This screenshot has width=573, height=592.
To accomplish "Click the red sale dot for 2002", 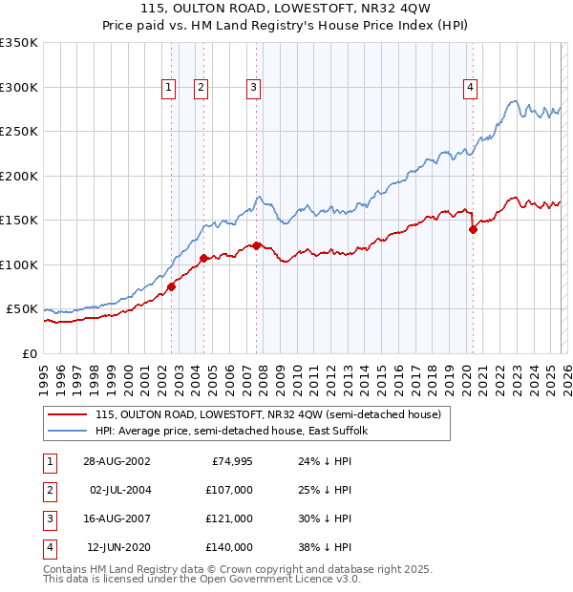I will [172, 286].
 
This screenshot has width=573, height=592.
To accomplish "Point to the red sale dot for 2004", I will [203, 258].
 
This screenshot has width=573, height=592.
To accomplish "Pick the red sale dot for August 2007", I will [256, 245].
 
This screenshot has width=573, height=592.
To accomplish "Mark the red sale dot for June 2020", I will [473, 229].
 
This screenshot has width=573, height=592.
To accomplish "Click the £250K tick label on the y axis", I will [19, 132].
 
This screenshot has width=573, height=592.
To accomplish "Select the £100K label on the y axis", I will [19, 264].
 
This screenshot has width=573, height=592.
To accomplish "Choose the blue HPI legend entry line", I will [66, 431].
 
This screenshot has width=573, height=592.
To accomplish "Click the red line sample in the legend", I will [66, 415].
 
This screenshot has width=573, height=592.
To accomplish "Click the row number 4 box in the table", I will [49, 547].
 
